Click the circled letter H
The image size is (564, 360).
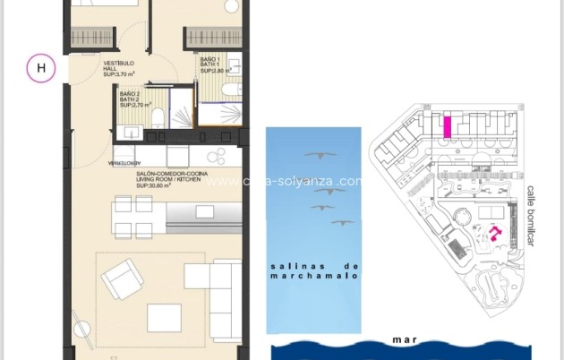pos(39,68)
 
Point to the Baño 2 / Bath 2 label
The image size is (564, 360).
pos(132,99)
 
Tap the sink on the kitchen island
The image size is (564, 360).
pos(205,212)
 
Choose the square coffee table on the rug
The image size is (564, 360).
pos(164,317)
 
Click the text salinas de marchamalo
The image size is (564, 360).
pos(313,271)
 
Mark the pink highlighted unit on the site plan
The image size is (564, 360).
pos(447,125)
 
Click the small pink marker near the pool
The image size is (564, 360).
pos(493,235)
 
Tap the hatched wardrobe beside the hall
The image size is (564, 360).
pos(88,39)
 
